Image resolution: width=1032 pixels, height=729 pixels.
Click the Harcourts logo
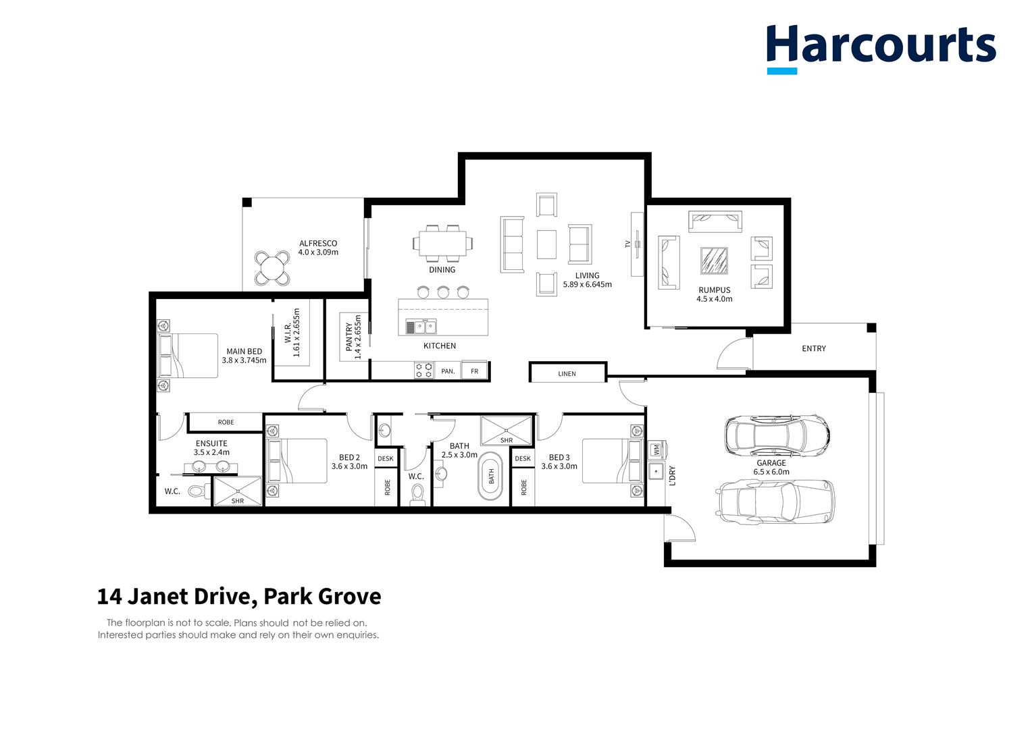pyautogui.click(x=881, y=47)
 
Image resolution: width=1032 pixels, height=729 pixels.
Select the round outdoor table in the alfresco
pyautogui.click(x=273, y=269)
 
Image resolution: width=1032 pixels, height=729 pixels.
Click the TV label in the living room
pyautogui.click(x=627, y=244)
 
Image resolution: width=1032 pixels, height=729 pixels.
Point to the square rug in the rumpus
pyautogui.click(x=714, y=261)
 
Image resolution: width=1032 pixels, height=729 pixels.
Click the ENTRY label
pyautogui.click(x=813, y=348)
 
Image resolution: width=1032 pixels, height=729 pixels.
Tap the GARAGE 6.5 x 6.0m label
pyautogui.click(x=771, y=467)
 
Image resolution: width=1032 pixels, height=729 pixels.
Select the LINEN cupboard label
pyautogui.click(x=567, y=373)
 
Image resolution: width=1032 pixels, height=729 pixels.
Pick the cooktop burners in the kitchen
pyautogui.click(x=424, y=371)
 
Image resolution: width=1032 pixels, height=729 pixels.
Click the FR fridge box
pyautogui.click(x=474, y=371)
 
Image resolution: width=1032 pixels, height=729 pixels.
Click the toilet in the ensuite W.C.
pyautogui.click(x=198, y=491)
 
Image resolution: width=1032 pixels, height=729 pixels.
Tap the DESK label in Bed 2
pyautogui.click(x=385, y=459)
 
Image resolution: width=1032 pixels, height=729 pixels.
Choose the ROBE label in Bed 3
pyautogui.click(x=523, y=487)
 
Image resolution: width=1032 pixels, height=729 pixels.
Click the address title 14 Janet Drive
pyautogui.click(x=239, y=597)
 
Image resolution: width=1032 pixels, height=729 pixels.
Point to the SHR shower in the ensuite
pyautogui.click(x=238, y=491)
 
